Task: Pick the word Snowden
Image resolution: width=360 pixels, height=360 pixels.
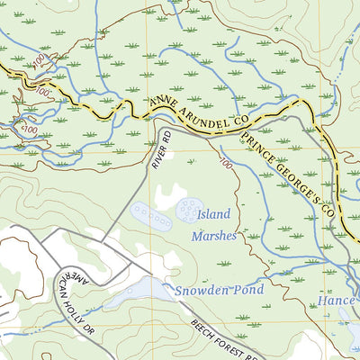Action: point(202,290)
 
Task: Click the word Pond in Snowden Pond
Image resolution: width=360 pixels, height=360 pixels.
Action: point(248,290)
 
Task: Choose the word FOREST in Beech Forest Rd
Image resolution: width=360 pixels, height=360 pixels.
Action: point(229,343)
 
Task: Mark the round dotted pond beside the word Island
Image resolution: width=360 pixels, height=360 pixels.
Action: point(190,210)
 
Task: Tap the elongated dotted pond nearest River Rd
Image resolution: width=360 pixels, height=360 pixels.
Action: point(149,215)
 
